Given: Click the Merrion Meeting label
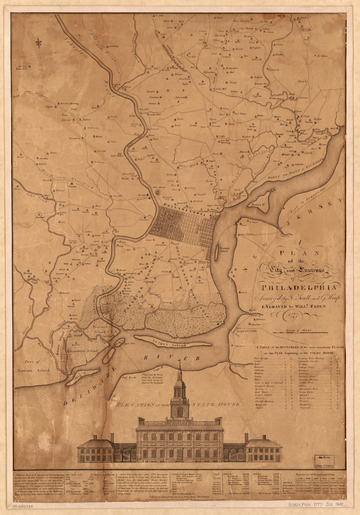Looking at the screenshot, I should tap(69, 103).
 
